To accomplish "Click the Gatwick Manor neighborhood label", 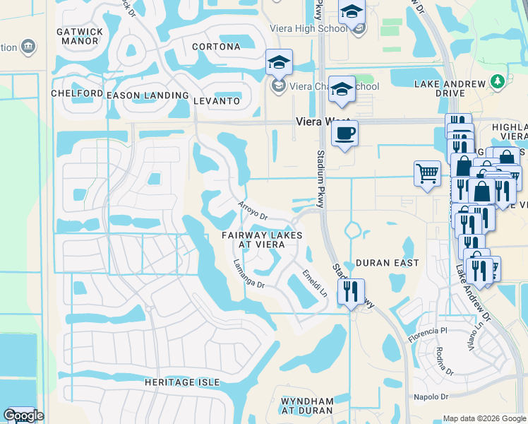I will [x=78, y=36].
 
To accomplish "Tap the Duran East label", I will [x=387, y=263].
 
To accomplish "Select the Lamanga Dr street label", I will [x=248, y=274].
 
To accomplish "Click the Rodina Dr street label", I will [x=445, y=360].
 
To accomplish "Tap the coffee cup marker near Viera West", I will [x=344, y=134].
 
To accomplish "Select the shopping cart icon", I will [x=426, y=173].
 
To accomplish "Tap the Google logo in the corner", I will [x=23, y=416].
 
